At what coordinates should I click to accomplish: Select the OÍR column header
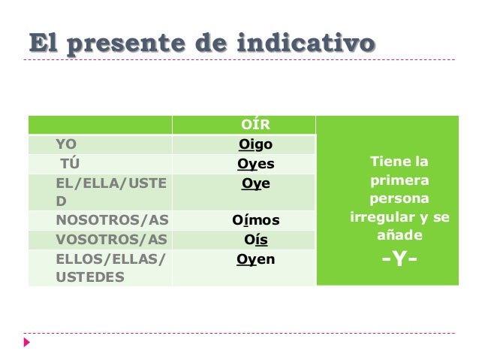tap(255, 125)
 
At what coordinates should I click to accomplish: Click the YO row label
tap(65, 144)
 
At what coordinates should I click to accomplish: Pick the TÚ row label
tap(69, 164)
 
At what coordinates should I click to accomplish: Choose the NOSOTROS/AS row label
tap(112, 220)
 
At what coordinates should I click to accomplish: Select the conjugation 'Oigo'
tap(255, 144)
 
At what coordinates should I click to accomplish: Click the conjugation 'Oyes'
tap(255, 164)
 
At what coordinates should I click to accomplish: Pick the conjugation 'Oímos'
tap(255, 220)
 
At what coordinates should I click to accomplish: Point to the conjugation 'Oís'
tap(255, 240)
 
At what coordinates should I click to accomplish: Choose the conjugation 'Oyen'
tap(255, 259)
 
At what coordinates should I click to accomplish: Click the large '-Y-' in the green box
tap(399, 261)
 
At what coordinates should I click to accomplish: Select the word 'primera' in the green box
tap(399, 181)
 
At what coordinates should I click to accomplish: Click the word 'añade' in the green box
tap(399, 235)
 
